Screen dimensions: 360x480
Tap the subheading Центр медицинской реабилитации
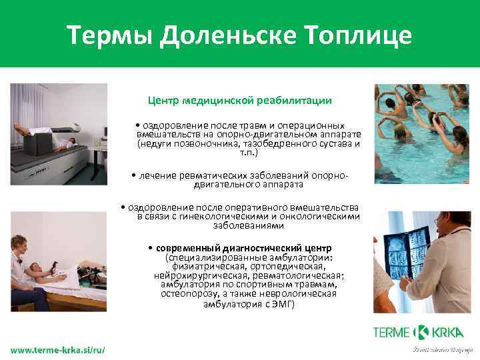239,101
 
